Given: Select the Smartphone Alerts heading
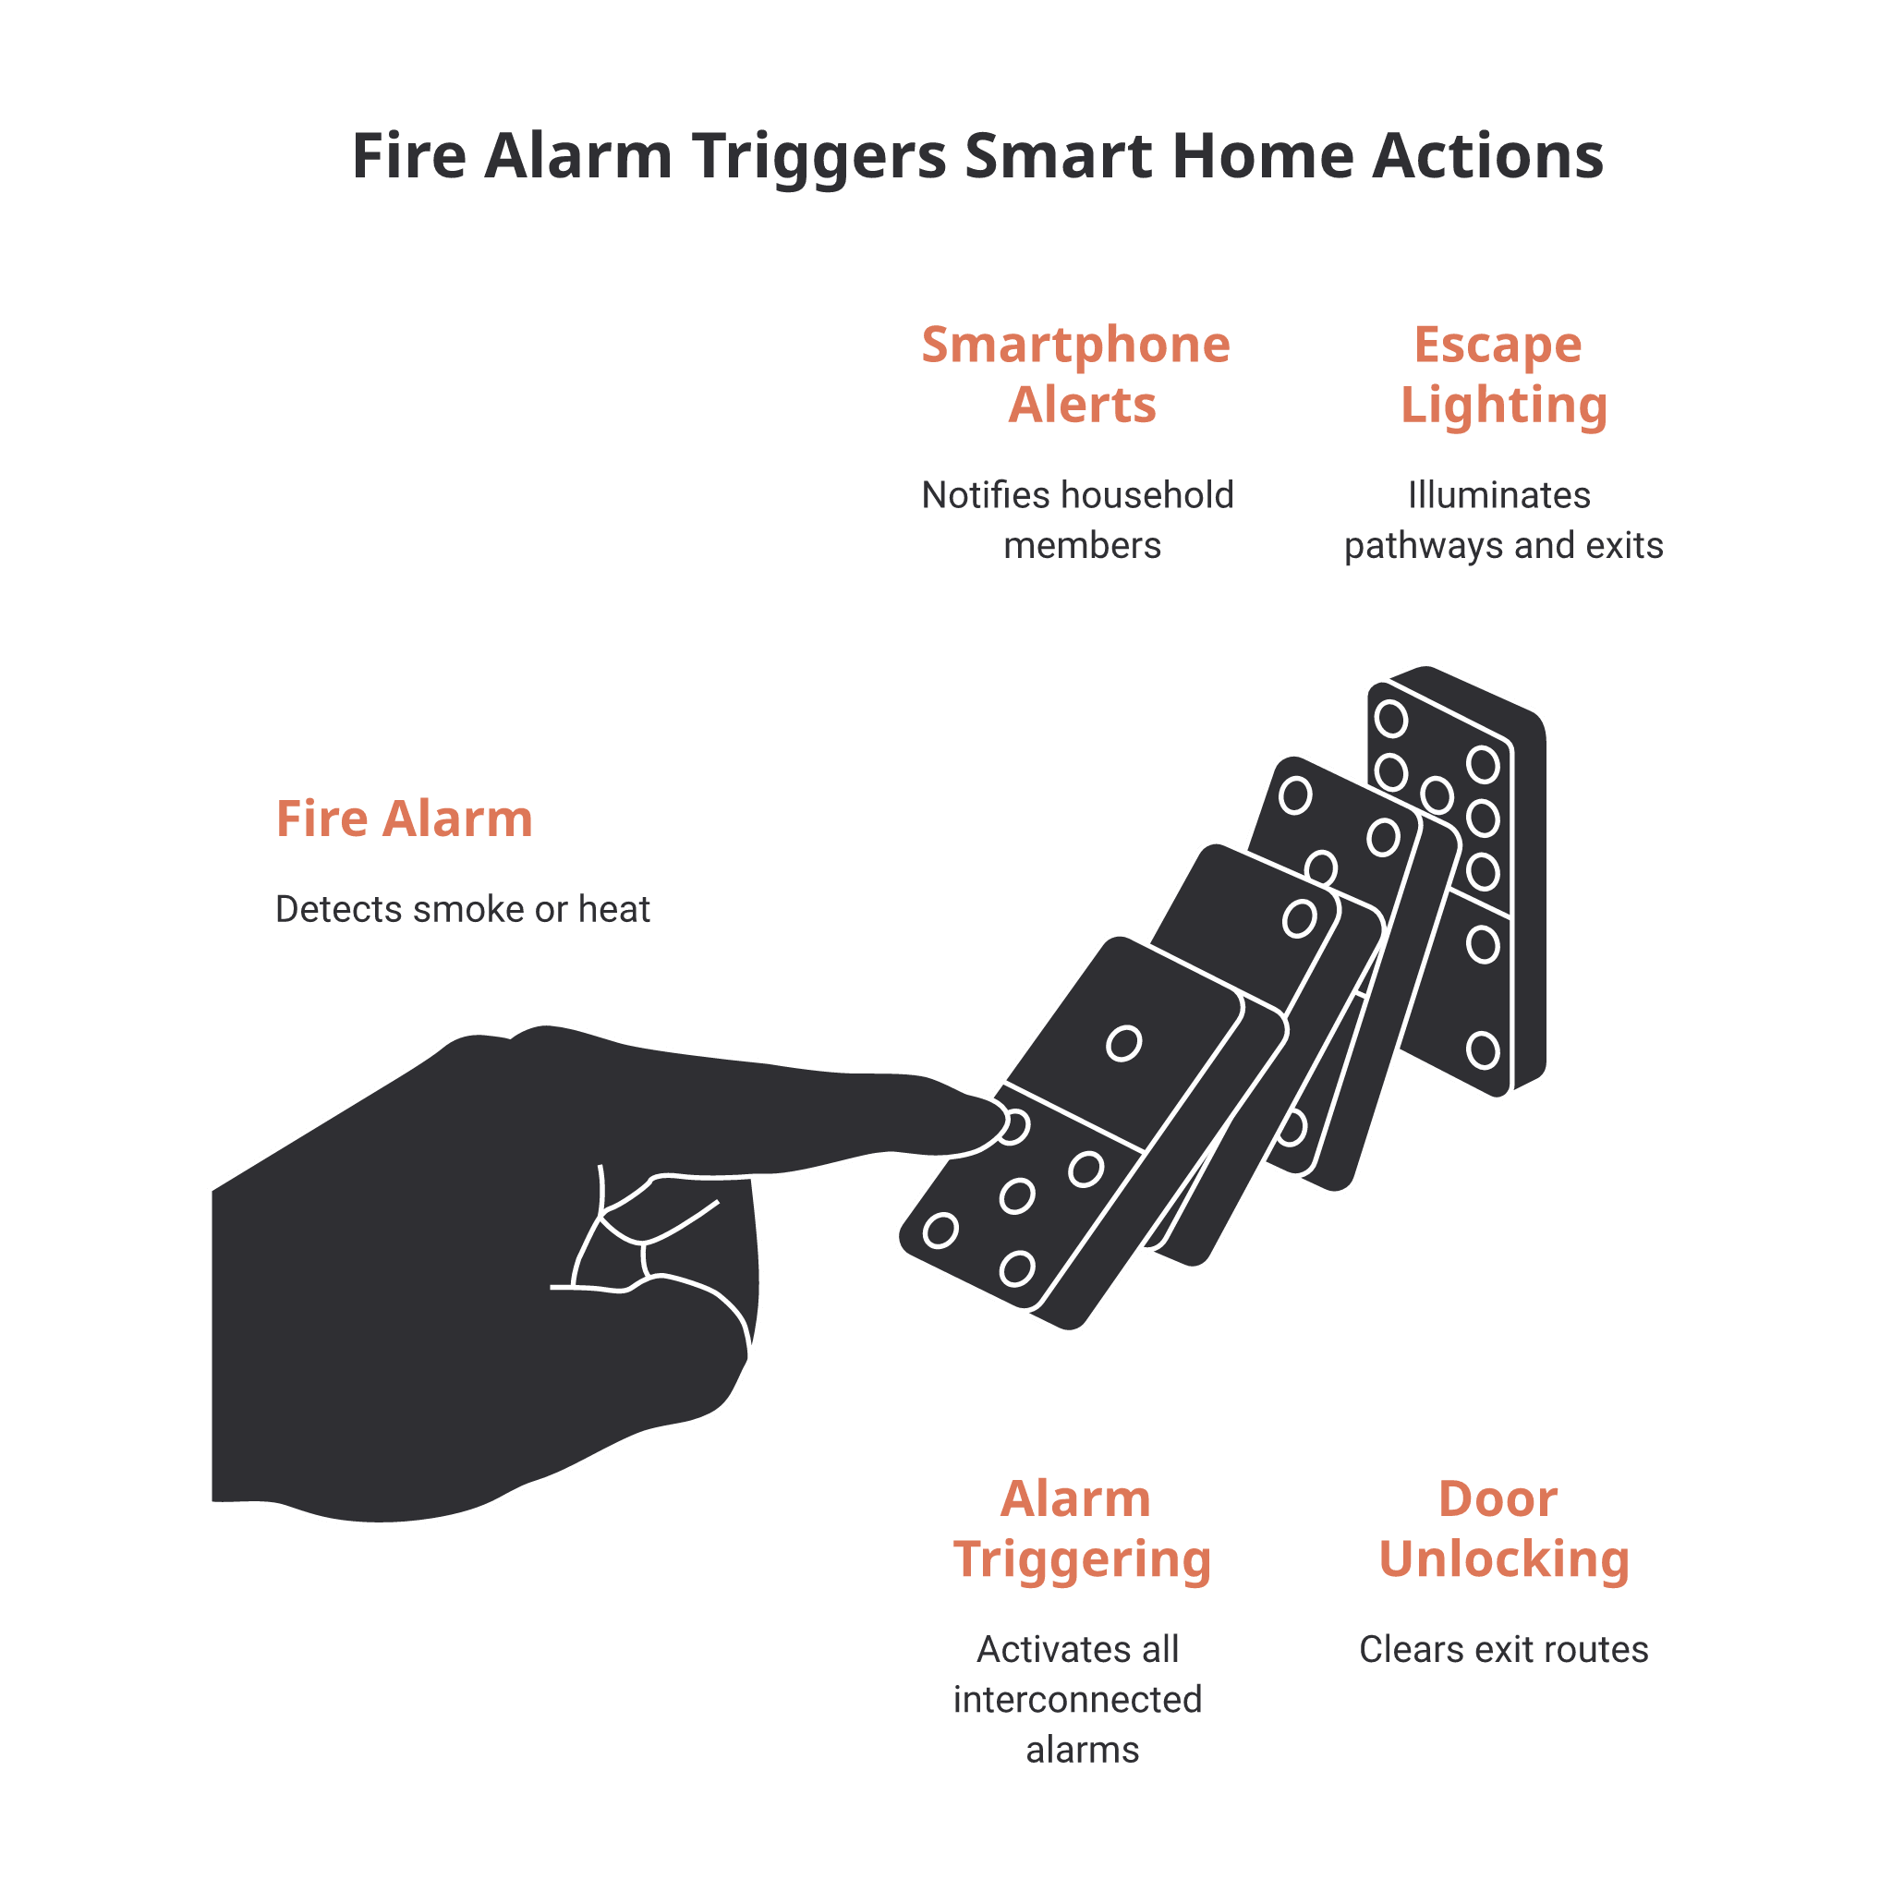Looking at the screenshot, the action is click(x=1076, y=374).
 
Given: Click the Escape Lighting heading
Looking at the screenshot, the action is click(x=1503, y=376).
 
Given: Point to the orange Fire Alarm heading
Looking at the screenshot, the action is click(x=404, y=819).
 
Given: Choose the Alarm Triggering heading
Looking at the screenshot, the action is click(x=1082, y=1529).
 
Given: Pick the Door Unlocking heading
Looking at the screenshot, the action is click(x=1503, y=1529).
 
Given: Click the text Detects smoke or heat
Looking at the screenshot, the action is click(x=462, y=910).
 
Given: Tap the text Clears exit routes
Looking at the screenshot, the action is click(x=1503, y=1650).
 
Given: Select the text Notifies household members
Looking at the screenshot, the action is click(x=1077, y=520).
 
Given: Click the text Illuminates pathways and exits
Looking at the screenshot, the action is click(x=1503, y=520).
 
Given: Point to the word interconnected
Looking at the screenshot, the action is click(x=1077, y=1700).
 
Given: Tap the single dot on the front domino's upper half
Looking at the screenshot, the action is click(x=1123, y=1043).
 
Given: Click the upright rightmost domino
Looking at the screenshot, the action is click(x=1456, y=881).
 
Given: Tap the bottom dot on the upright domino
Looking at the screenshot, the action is click(x=1483, y=1049).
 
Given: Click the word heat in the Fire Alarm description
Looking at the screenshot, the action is click(x=614, y=910).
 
